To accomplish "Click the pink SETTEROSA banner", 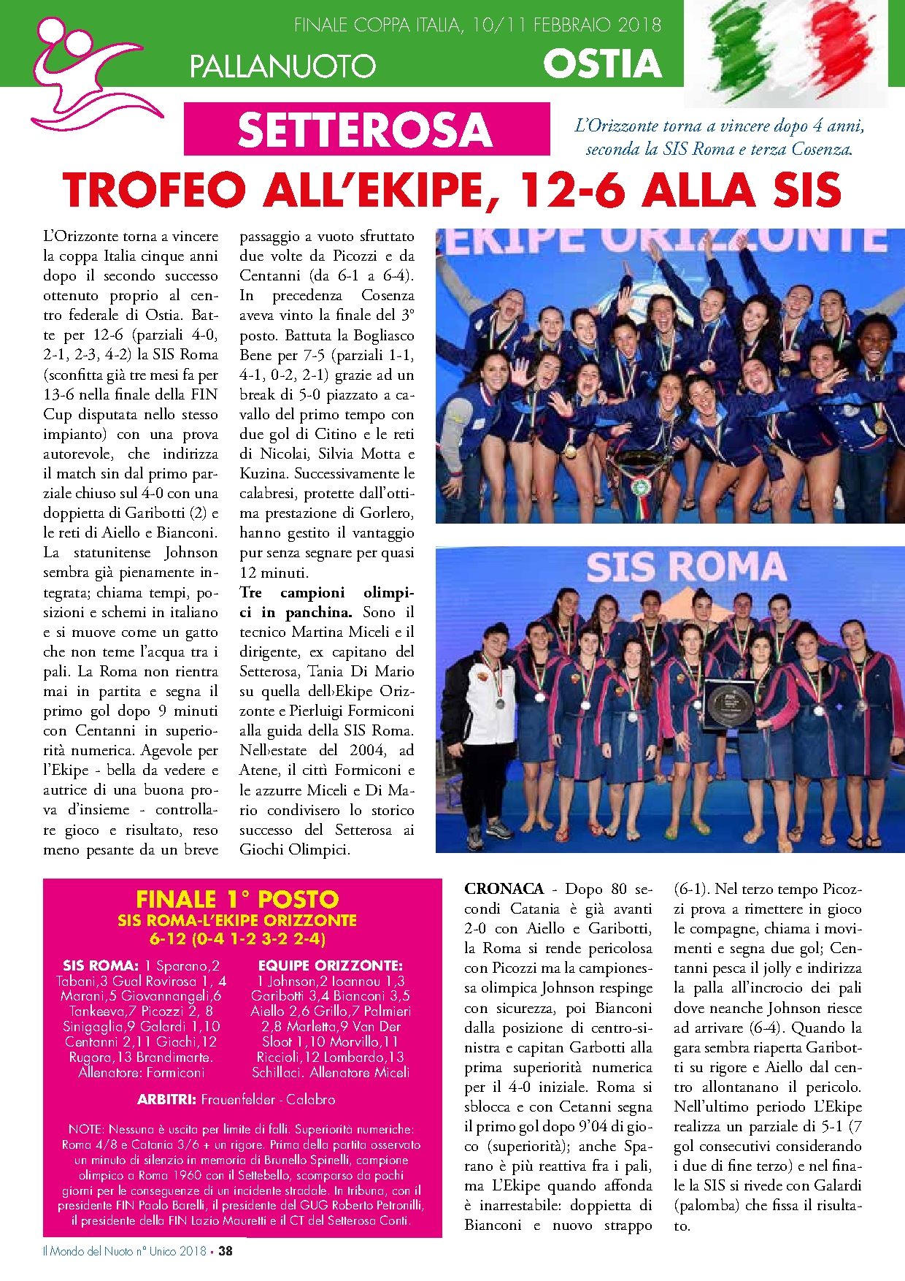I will [366, 129].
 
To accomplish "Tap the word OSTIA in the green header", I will [602, 64].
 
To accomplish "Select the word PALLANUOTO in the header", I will [282, 66].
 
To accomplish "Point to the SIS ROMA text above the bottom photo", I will [685, 567].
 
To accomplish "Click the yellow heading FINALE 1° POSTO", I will [237, 899].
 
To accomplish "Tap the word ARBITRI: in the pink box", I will [166, 1099].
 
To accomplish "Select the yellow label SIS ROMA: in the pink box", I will [101, 965].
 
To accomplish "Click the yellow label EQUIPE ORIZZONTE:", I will [330, 965].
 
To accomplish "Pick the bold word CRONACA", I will [504, 889].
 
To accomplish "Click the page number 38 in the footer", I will [226, 1250].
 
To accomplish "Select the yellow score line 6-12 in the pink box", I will [237, 938].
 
